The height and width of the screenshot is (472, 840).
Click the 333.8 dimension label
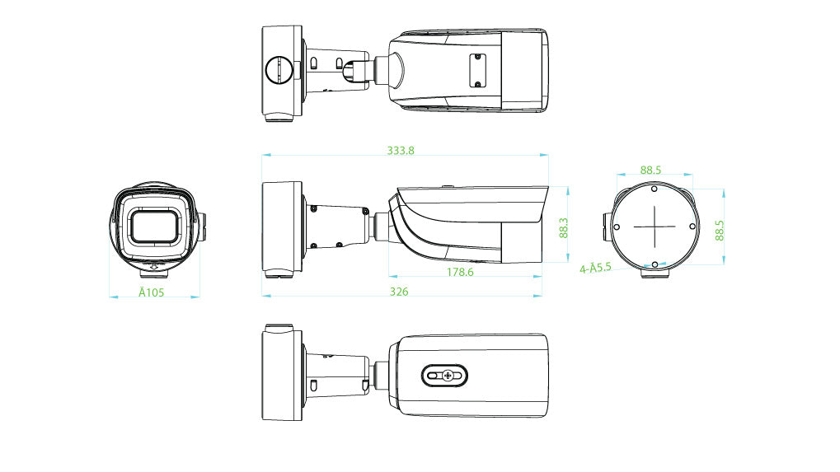[x=401, y=151]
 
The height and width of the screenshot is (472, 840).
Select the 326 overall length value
[x=399, y=292]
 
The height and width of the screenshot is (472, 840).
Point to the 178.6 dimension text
[x=459, y=272]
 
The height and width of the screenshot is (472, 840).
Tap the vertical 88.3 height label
[x=564, y=227]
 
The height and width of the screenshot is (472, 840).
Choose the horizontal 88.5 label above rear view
[x=650, y=170]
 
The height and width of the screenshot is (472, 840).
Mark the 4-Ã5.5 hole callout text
[x=595, y=268]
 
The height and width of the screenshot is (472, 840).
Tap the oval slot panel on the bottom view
[x=445, y=376]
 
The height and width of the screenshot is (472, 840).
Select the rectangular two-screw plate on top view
[x=476, y=70]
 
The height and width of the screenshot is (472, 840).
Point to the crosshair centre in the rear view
[x=654, y=225]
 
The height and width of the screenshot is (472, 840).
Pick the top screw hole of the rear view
[x=654, y=188]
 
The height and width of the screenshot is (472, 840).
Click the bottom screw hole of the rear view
[x=654, y=264]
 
